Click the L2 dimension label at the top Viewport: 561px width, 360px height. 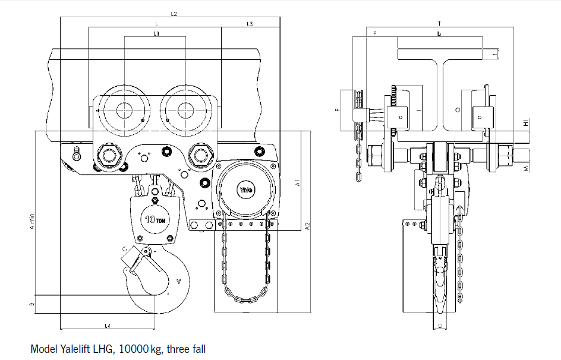tap(174, 13)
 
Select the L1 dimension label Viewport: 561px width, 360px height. tap(156, 34)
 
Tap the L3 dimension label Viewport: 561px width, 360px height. tap(250, 24)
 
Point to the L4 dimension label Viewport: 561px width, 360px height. tap(108, 325)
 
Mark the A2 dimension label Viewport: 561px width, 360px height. tap(307, 226)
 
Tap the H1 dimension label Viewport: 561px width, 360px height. tap(526, 123)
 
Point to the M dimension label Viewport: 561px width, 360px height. tap(526, 169)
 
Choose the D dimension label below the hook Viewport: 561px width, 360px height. tap(439, 326)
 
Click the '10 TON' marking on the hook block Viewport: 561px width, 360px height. tap(155, 219)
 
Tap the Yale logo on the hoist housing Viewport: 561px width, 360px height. tap(246, 191)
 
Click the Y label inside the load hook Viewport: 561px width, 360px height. tap(178, 281)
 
